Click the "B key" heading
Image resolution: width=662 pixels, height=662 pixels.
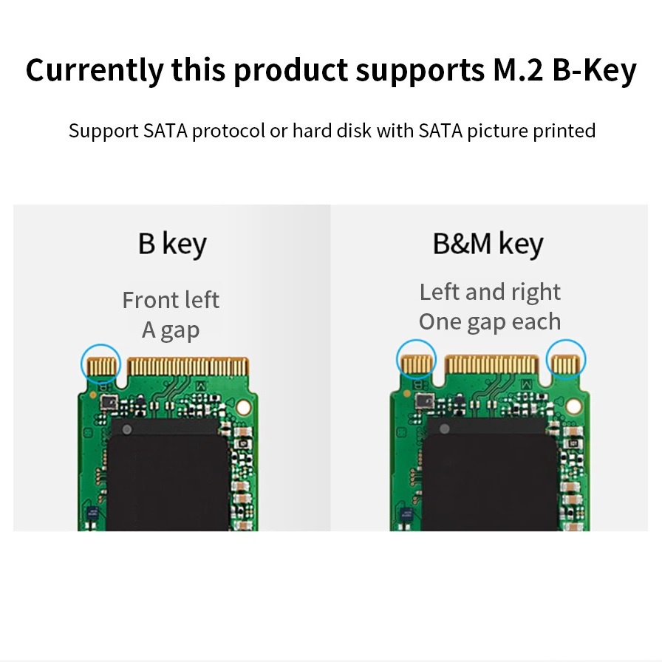(171, 244)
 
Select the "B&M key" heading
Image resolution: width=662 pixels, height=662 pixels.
(488, 244)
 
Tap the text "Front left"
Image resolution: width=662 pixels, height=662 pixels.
(171, 300)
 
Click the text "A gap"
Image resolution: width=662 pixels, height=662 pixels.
(171, 330)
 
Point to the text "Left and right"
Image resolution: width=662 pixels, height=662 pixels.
(490, 292)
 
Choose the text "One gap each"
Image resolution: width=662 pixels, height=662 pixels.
(490, 321)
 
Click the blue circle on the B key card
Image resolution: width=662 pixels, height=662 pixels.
(100, 363)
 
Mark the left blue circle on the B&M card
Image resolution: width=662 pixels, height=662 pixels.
(417, 359)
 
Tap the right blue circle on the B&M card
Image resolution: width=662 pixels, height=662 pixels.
(566, 361)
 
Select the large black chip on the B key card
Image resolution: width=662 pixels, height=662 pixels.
(170, 473)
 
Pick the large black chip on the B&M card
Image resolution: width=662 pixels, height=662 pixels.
(491, 473)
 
